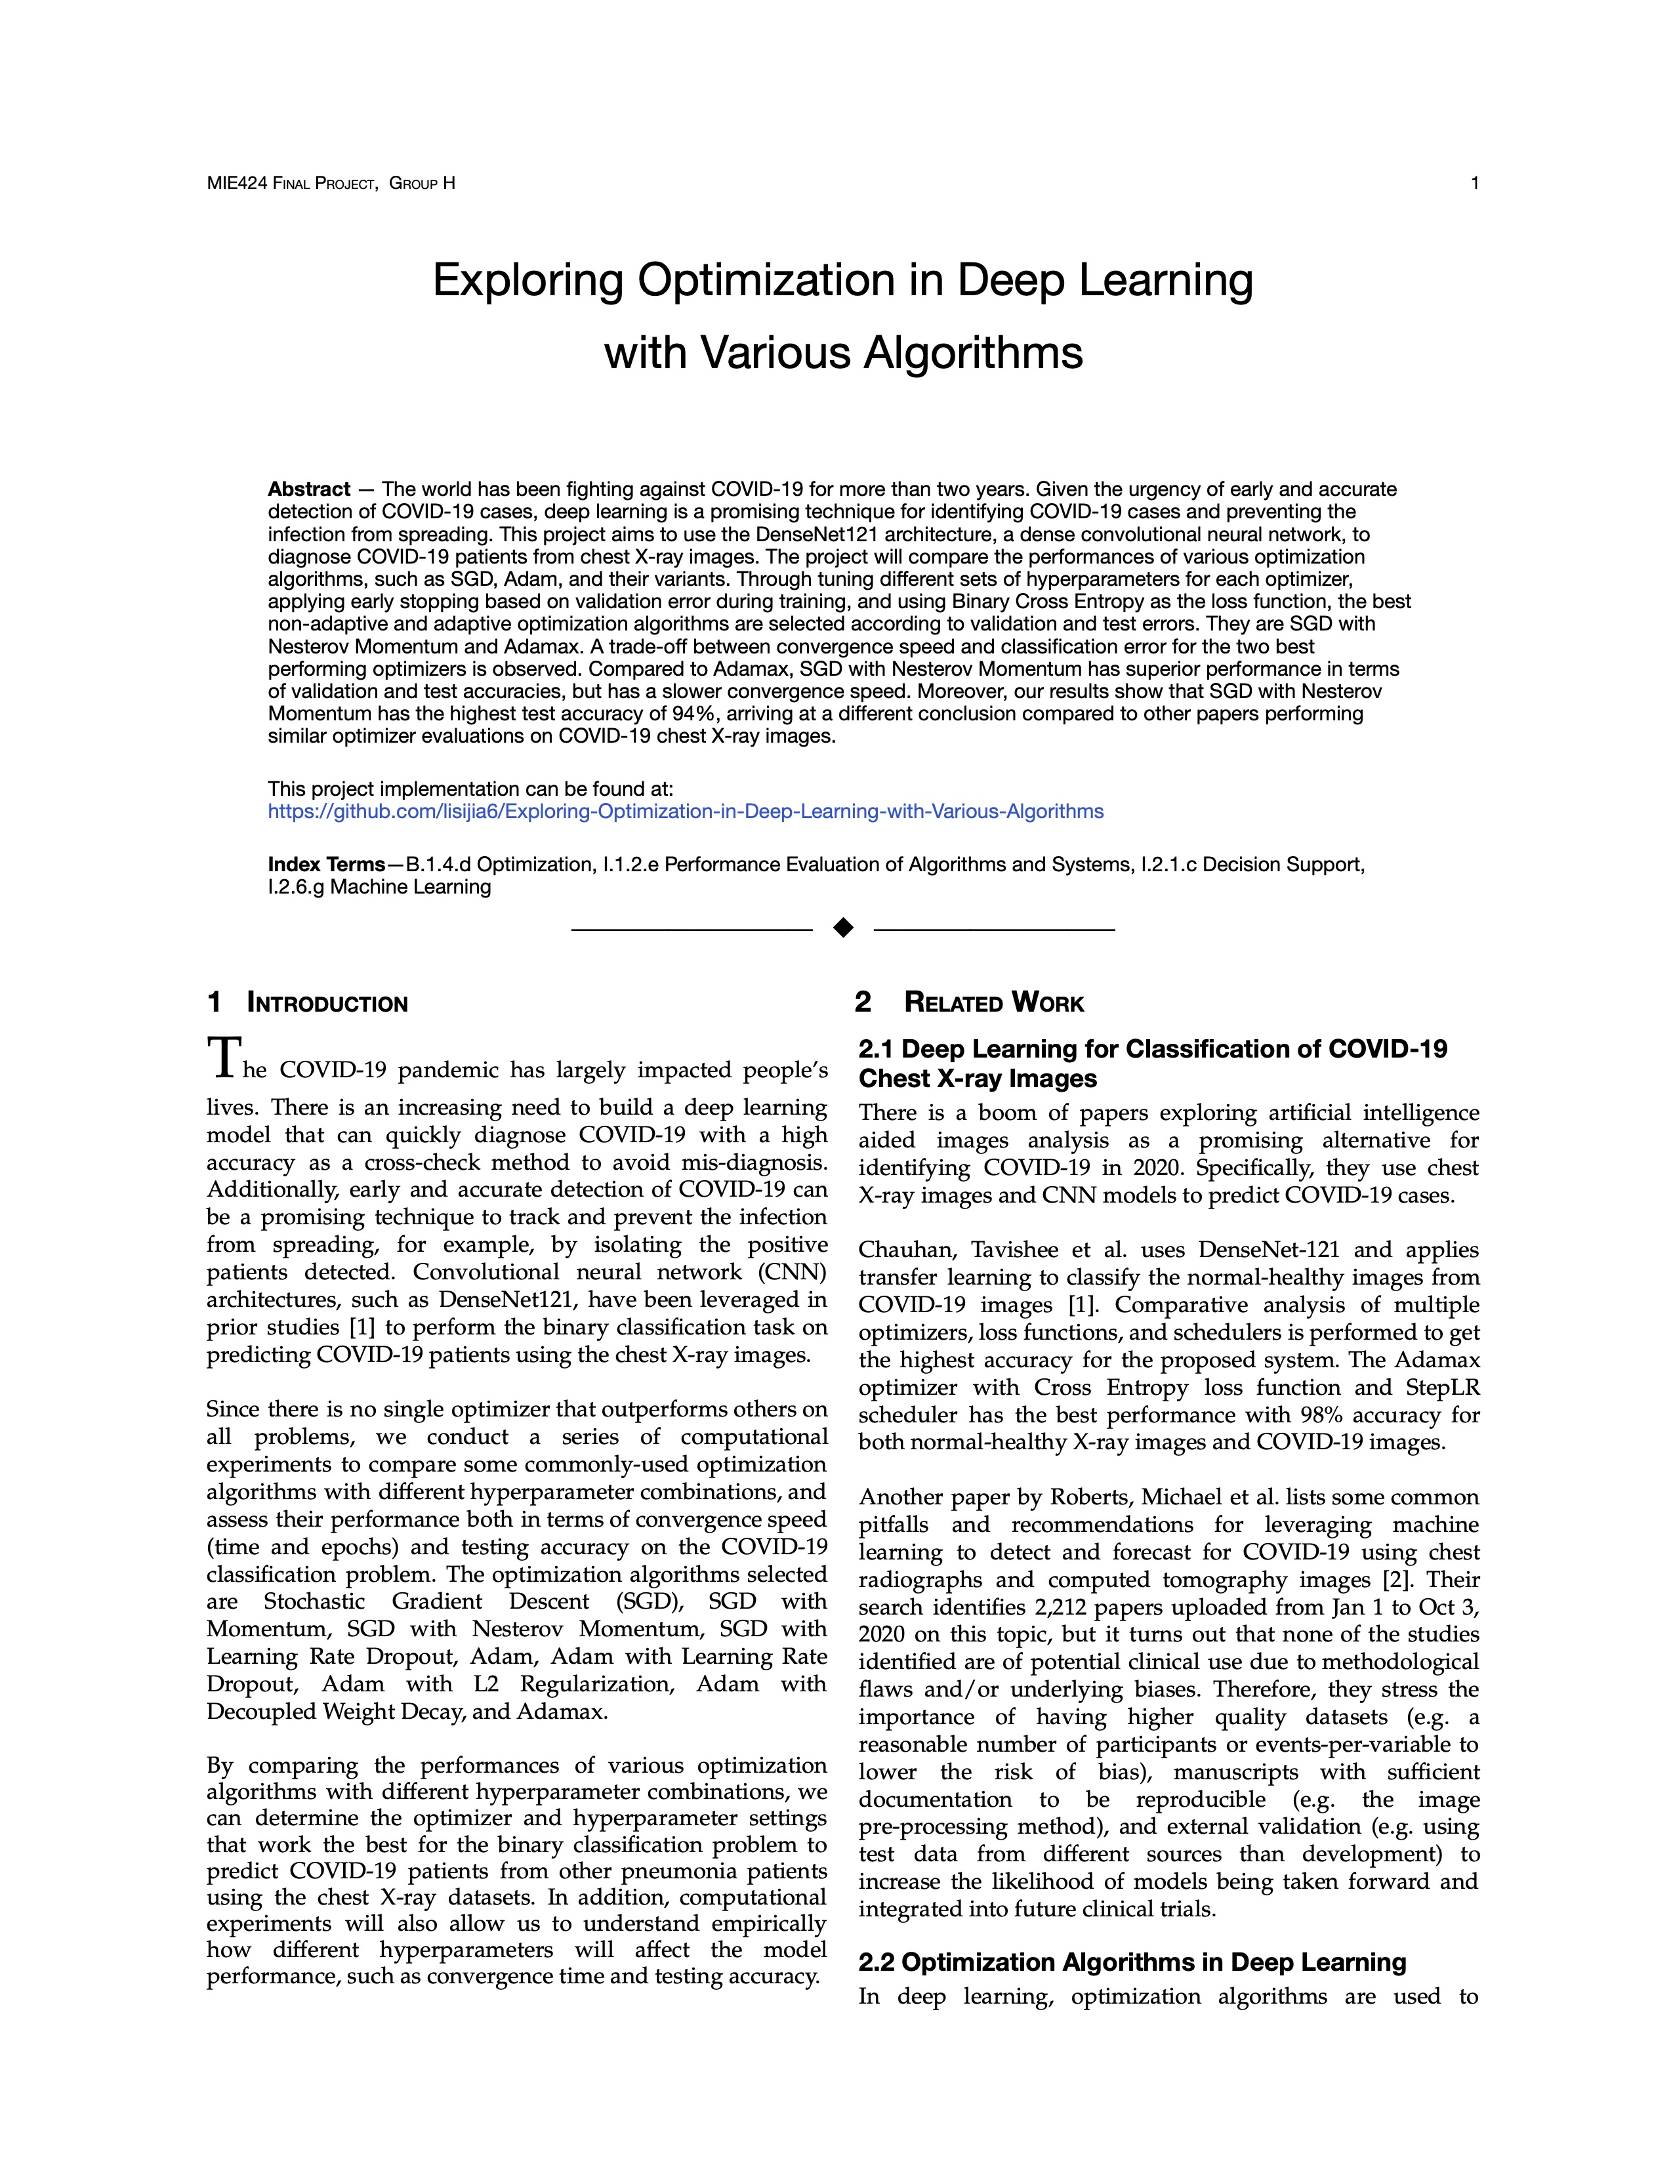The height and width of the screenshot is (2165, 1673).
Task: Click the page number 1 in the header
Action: click(1474, 184)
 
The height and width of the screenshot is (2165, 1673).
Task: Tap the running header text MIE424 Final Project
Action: click(291, 184)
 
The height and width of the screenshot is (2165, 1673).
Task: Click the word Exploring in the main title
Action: click(527, 281)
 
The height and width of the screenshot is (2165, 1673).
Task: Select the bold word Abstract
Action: click(308, 489)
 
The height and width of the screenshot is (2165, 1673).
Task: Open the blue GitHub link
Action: click(685, 812)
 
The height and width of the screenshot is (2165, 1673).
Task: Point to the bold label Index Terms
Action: click(326, 865)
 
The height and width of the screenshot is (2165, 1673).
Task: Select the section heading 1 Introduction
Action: click(307, 1003)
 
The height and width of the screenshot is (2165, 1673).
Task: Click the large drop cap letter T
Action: click(223, 1059)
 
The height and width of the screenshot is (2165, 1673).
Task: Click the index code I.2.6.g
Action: click(295, 887)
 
